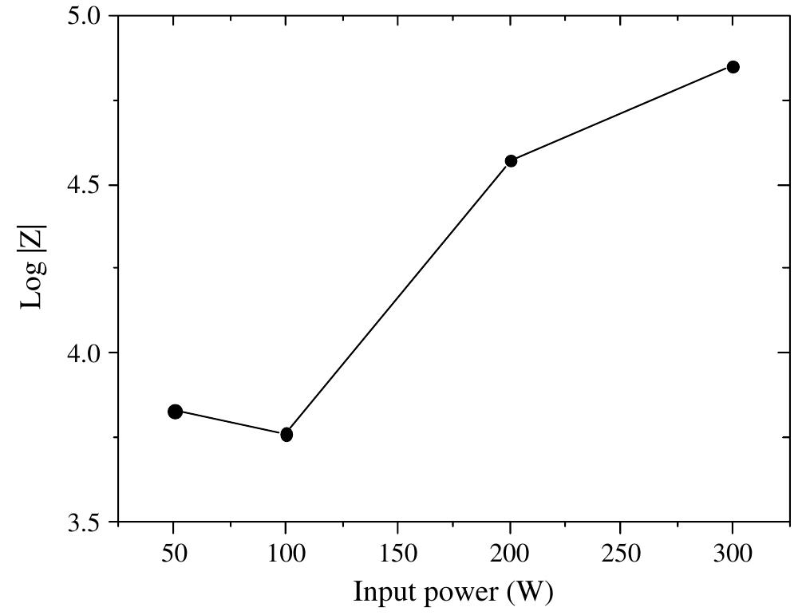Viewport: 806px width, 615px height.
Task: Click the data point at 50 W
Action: pyautogui.click(x=175, y=412)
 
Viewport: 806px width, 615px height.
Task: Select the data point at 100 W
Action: pyautogui.click(x=286, y=435)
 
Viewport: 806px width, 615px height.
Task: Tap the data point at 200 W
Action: pyautogui.click(x=511, y=161)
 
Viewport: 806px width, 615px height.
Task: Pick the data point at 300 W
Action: pyautogui.click(x=733, y=67)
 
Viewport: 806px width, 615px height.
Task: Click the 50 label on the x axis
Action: pyautogui.click(x=174, y=554)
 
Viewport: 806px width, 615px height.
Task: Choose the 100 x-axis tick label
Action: pyautogui.click(x=285, y=554)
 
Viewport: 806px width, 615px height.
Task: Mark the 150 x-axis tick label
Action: pyautogui.click(x=397, y=554)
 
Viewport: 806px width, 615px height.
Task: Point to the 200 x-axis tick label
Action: pyautogui.click(x=509, y=554)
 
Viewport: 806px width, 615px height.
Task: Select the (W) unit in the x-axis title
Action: pyautogui.click(x=530, y=593)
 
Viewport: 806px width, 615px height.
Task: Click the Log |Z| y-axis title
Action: pyautogui.click(x=33, y=267)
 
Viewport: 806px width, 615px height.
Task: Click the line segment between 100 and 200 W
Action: pyautogui.click(x=398, y=298)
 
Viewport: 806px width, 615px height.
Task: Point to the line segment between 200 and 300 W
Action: pyautogui.click(x=622, y=114)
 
